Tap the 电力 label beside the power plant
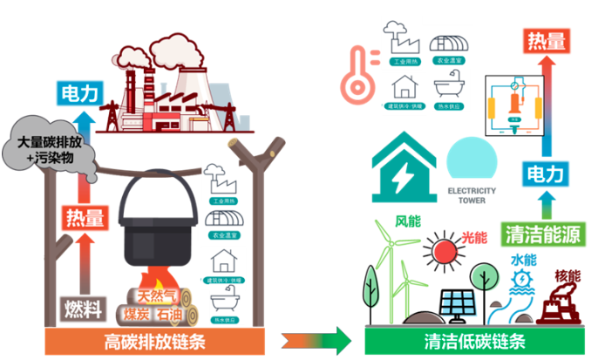click(81, 92)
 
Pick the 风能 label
click(408, 223)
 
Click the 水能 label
click(522, 260)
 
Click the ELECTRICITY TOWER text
click(471, 194)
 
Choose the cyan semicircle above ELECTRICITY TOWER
click(471, 162)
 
